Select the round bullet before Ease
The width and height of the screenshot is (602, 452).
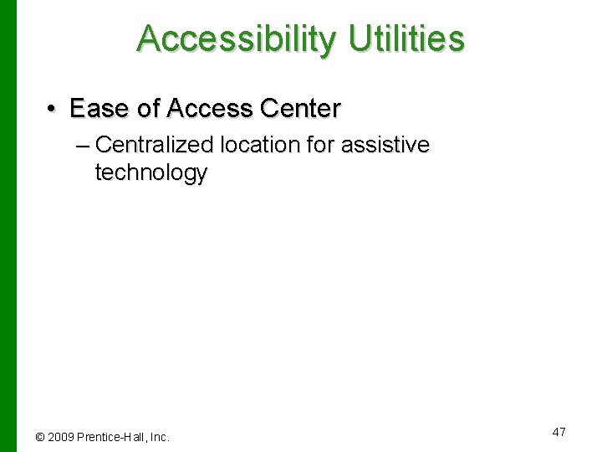[52, 109]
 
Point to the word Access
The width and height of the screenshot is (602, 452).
[211, 109]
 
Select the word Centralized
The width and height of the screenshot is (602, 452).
[156, 145]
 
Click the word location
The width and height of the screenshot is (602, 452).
[260, 145]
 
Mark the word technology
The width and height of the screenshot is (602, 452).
[151, 173]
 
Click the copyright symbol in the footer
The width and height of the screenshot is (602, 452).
[39, 437]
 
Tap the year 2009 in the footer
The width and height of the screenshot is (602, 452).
[60, 437]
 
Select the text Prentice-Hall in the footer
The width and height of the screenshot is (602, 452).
[111, 437]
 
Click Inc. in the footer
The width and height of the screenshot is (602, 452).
[160, 437]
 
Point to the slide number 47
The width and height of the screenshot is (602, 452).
[559, 432]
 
